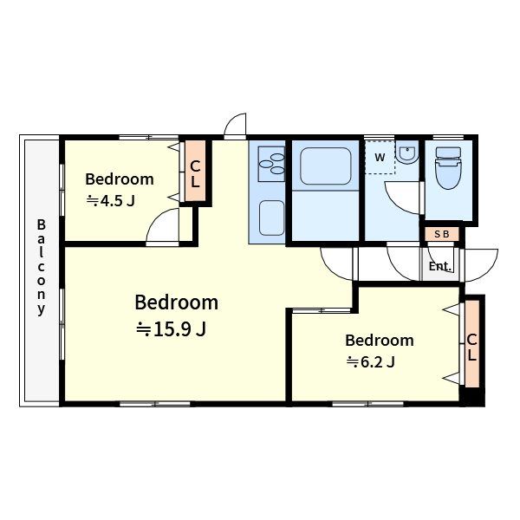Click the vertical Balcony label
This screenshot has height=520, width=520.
tap(41, 267)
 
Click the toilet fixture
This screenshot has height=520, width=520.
tap(449, 168)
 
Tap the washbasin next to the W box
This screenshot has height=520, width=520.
tap(407, 154)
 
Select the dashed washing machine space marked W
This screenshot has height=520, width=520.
tap(380, 157)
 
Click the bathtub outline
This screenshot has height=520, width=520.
tap(325, 166)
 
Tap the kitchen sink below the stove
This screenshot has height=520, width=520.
tap(271, 218)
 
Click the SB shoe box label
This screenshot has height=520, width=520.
tap(442, 234)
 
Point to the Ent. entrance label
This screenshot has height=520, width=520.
tap(439, 266)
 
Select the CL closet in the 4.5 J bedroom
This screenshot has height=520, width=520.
tap(195, 171)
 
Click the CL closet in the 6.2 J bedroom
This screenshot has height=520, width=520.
tap(472, 343)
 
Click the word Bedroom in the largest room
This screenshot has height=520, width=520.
tap(177, 302)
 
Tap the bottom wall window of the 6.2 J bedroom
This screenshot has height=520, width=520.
tap(367, 404)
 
